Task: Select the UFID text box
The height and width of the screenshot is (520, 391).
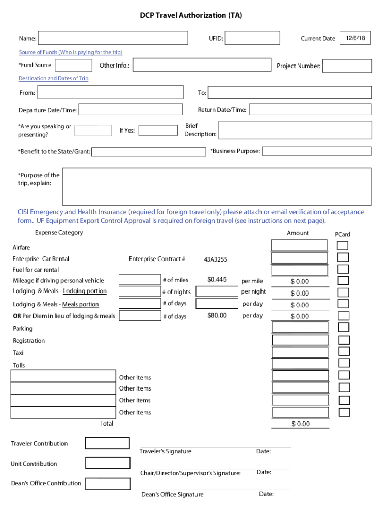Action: coord(252,38)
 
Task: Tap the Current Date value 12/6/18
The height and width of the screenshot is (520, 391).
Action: coord(355,38)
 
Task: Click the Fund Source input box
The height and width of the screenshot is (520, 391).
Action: coord(74,66)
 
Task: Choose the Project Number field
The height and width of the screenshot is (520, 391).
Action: coord(347,66)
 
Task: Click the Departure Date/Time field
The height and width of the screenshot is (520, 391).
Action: coord(131,110)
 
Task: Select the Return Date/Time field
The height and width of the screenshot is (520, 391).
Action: coord(310,110)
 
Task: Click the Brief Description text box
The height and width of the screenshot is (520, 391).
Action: coord(295,130)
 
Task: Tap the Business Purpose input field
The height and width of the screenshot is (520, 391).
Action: coord(316,151)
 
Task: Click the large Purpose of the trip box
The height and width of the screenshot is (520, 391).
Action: coord(216,186)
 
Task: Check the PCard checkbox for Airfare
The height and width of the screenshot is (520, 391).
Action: coord(343,246)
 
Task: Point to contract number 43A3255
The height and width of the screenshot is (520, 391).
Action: coord(216,259)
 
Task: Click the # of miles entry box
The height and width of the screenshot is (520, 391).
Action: coord(140,279)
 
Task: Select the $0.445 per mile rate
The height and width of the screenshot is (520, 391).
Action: coord(217,279)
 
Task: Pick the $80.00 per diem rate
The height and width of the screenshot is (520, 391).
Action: coord(217,316)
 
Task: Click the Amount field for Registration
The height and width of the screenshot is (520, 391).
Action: coord(300,340)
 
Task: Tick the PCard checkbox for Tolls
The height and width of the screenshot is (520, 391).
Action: coord(344,363)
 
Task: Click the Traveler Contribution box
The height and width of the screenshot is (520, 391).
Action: coord(107,443)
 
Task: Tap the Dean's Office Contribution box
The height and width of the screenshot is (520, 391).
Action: coord(107,483)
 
